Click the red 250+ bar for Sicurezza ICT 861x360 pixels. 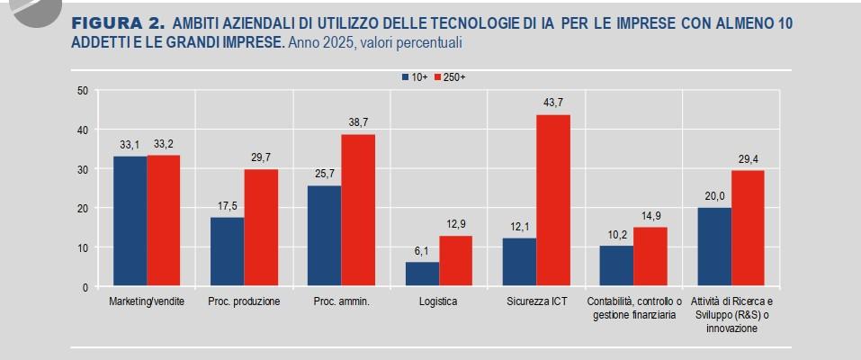[x=553, y=201]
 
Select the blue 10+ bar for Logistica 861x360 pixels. [x=422, y=274]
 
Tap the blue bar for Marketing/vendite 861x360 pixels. [x=130, y=221]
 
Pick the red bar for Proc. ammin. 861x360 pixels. [x=358, y=211]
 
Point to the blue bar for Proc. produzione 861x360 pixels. [x=227, y=252]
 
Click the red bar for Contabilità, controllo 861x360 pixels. [x=650, y=257]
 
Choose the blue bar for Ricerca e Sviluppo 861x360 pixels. [x=714, y=247]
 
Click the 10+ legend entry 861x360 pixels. [x=415, y=78]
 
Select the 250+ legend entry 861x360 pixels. [x=450, y=78]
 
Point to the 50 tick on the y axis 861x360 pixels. [x=82, y=90]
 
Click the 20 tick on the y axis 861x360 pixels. [x=82, y=209]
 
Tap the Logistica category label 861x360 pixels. [x=438, y=301]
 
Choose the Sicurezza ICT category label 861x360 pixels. [x=535, y=301]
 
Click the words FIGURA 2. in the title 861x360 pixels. [x=117, y=22]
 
